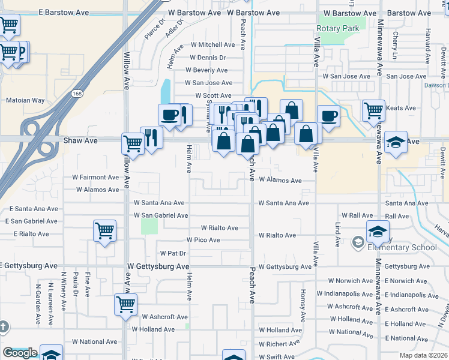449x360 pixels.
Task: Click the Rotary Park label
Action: click(337, 28)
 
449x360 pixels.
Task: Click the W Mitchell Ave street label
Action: click(213, 44)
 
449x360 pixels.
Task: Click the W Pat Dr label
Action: click(173, 253)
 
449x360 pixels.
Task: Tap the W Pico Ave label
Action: click(203, 240)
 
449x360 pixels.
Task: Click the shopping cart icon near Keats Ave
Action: click(373, 110)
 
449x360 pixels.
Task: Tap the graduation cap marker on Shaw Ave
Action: click(396, 143)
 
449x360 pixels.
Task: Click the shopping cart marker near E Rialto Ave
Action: click(105, 231)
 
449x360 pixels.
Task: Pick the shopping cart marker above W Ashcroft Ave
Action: click(126, 304)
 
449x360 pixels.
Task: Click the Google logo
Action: click(20, 353)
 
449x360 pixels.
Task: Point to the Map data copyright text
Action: click(424, 355)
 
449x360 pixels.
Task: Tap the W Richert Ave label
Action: click(279, 344)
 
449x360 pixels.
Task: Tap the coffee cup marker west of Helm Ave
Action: click(170, 115)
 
